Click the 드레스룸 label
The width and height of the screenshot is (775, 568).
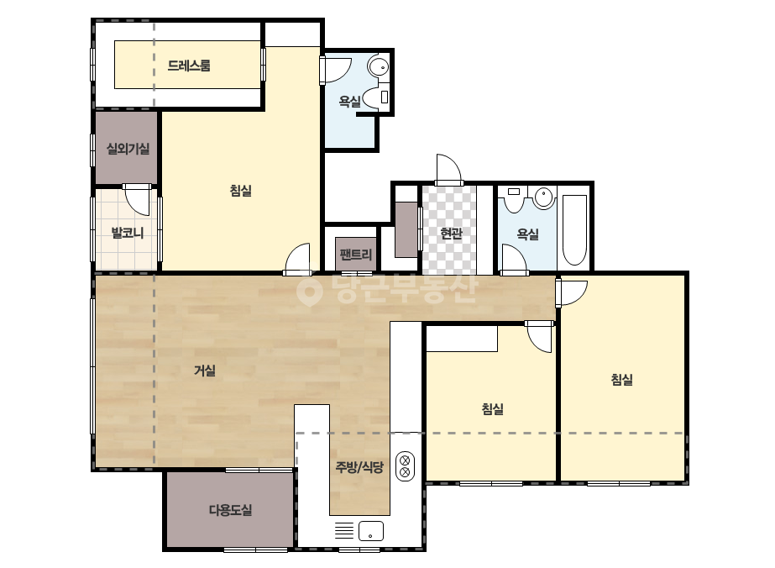pyautogui.click(x=189, y=66)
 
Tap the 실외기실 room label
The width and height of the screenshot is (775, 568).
pyautogui.click(x=128, y=149)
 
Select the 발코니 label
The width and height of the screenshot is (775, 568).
pyautogui.click(x=128, y=232)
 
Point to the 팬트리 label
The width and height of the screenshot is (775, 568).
pyautogui.click(x=355, y=255)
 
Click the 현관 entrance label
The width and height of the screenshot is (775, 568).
pyautogui.click(x=451, y=233)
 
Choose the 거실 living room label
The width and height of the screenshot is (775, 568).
pyautogui.click(x=205, y=370)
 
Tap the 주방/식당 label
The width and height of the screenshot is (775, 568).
pyautogui.click(x=359, y=466)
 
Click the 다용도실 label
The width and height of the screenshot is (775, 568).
pyautogui.click(x=230, y=510)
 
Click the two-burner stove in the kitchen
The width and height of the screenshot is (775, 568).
pyautogui.click(x=405, y=466)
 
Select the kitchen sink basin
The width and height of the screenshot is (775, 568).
pyautogui.click(x=370, y=531)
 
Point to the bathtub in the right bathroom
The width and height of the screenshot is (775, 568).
pyautogui.click(x=574, y=230)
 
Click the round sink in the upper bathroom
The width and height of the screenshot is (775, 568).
pyautogui.click(x=379, y=66)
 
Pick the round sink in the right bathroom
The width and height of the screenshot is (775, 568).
pyautogui.click(x=544, y=197)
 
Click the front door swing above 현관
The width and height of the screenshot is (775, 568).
pyautogui.click(x=449, y=169)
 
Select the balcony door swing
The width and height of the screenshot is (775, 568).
pyautogui.click(x=137, y=200)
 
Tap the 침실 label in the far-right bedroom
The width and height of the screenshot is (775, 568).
pyautogui.click(x=622, y=380)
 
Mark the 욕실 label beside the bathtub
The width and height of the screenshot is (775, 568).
pyautogui.click(x=527, y=234)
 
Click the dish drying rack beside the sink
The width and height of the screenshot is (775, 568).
pyautogui.click(x=344, y=530)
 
